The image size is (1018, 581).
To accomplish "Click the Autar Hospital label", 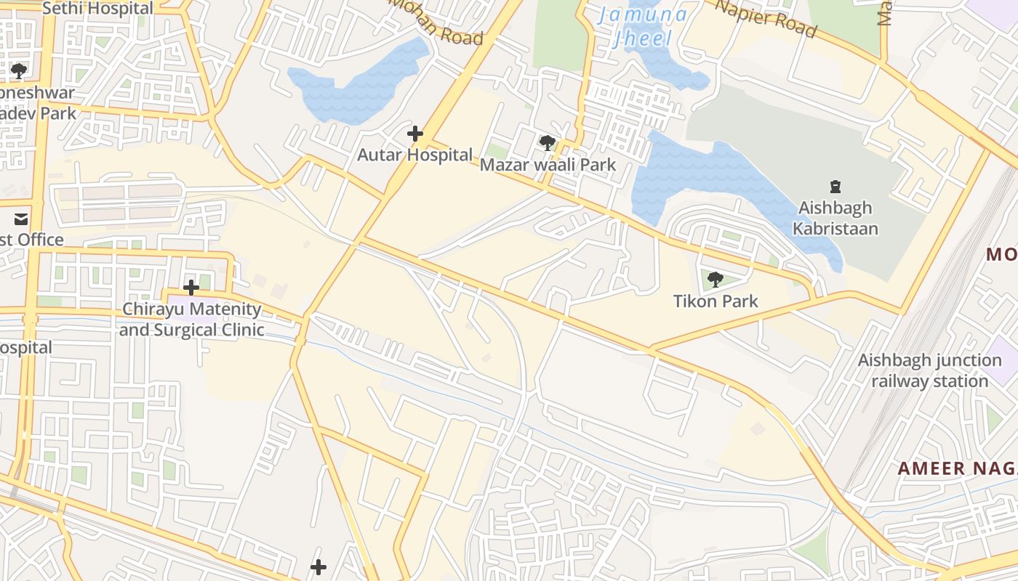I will [414, 155].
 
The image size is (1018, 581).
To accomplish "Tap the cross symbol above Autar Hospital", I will [415, 134].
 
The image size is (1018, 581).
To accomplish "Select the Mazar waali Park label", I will [548, 165].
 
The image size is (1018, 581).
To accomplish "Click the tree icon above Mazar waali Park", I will [548, 143].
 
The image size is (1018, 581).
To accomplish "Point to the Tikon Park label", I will [716, 301].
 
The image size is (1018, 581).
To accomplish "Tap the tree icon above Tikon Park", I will [716, 279].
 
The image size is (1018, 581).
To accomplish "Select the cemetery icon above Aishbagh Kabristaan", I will [835, 187].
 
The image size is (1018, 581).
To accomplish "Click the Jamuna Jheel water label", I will [642, 26].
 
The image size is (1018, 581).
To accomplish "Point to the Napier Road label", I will [766, 18].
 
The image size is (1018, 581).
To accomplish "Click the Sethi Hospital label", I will [98, 8].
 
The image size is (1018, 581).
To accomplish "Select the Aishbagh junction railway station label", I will [929, 370].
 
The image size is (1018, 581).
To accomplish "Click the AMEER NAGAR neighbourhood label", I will [957, 468].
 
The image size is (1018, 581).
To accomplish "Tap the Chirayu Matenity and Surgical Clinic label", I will [191, 320].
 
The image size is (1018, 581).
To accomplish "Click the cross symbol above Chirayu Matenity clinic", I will [191, 288].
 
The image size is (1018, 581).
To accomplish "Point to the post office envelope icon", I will [21, 219].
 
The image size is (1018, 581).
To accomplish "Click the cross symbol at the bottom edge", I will [318, 567].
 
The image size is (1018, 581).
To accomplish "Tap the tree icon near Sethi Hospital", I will [19, 71].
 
